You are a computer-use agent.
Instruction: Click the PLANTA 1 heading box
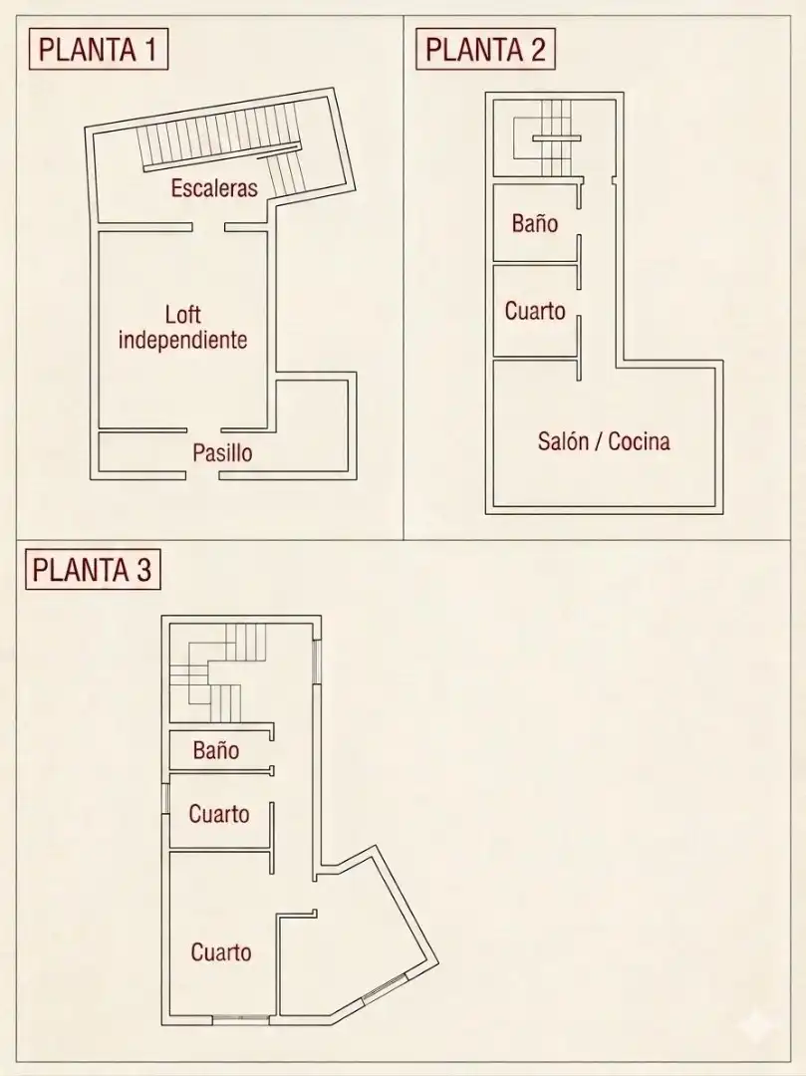[98, 50]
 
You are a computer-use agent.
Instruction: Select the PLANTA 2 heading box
[485, 50]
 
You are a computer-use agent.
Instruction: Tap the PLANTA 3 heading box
[93, 570]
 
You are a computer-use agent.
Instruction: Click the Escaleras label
[214, 188]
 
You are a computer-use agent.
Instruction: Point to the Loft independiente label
[182, 328]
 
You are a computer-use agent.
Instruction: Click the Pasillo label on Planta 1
[222, 453]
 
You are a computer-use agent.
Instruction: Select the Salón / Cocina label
[604, 440]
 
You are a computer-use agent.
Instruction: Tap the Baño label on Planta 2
[534, 223]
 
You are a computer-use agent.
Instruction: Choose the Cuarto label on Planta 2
[535, 311]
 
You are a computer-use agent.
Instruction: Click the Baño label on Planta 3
[216, 750]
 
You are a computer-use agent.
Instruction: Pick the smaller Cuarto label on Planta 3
[219, 814]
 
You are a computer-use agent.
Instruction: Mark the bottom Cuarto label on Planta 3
[221, 951]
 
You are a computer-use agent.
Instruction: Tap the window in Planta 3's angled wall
[385, 989]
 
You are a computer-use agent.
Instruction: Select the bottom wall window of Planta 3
[240, 1020]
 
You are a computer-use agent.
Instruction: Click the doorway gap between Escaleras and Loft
[208, 227]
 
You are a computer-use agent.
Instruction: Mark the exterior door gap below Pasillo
[202, 475]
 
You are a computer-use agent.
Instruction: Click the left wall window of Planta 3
[165, 799]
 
